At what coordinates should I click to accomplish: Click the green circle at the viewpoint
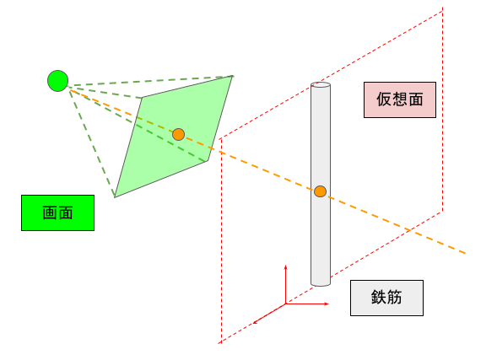pyautogui.click(x=57, y=81)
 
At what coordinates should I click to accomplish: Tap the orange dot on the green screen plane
pyautogui.click(x=178, y=135)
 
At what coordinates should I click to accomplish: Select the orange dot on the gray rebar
pyautogui.click(x=320, y=191)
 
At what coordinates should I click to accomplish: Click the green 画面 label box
pyautogui.click(x=57, y=212)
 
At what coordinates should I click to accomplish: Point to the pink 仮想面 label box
pyautogui.click(x=400, y=99)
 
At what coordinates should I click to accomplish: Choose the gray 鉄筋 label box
pyautogui.click(x=386, y=298)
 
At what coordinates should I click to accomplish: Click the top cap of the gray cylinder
pyautogui.click(x=321, y=85)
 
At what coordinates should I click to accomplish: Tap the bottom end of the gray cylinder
pyautogui.click(x=321, y=283)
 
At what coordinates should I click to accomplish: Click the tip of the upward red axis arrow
pyautogui.click(x=285, y=266)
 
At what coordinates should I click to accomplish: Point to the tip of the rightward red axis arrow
pyautogui.click(x=329, y=304)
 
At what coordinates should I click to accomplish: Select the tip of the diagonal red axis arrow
pyautogui.click(x=253, y=324)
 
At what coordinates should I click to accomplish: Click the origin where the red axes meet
pyautogui.click(x=285, y=304)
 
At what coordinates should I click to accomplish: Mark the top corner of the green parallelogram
pyautogui.click(x=233, y=76)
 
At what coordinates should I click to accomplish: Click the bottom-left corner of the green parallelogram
pyautogui.click(x=115, y=197)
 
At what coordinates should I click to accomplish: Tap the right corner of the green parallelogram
pyautogui.click(x=208, y=161)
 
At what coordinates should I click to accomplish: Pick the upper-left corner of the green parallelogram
pyautogui.click(x=142, y=98)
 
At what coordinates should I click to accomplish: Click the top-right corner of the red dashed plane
pyautogui.click(x=442, y=10)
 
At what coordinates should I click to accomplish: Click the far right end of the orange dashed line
pyautogui.click(x=465, y=253)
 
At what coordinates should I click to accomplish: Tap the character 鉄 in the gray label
pyautogui.click(x=379, y=298)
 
